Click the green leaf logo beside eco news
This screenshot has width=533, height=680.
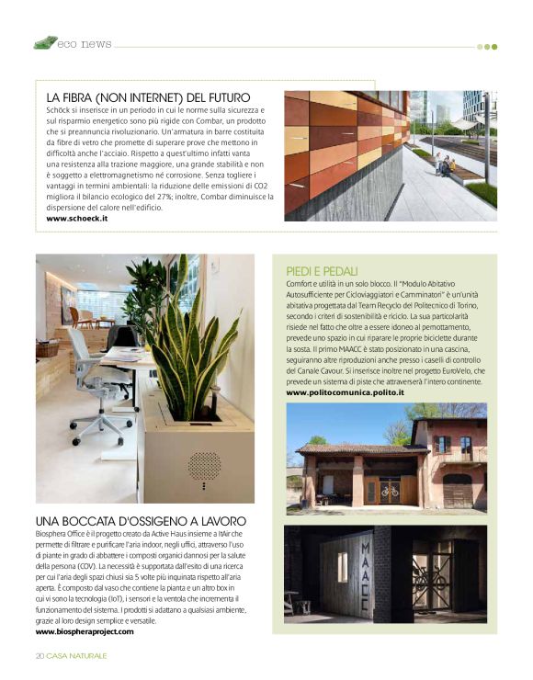coord(45,42)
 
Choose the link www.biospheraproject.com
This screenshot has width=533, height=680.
coord(85,631)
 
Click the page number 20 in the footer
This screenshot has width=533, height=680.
coord(40,655)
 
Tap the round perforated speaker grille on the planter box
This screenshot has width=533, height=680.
coord(204,466)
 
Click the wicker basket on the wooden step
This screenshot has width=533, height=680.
coord(47,349)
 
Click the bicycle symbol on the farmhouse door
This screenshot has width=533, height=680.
coord(391,490)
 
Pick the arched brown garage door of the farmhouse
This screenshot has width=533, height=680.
coord(457,490)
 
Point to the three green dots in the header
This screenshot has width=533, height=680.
coord(486,46)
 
